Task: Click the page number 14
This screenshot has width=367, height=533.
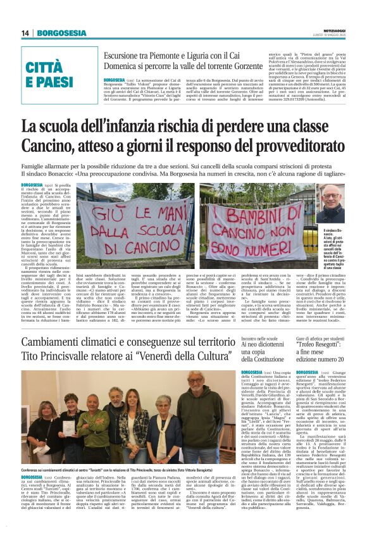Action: tap(25, 33)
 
